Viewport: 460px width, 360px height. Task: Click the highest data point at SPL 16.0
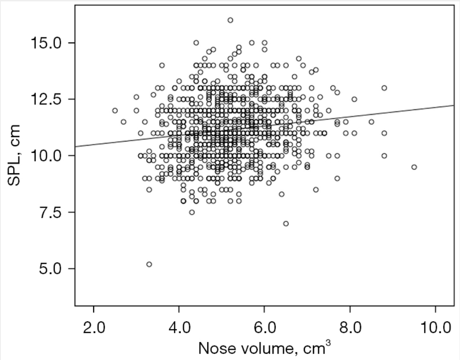(230, 20)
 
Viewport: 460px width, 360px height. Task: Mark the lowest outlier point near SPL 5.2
(149, 264)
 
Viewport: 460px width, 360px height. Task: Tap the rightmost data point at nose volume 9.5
(414, 167)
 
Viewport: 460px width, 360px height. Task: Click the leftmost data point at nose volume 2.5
(115, 111)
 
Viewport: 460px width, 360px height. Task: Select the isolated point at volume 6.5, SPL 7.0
(286, 223)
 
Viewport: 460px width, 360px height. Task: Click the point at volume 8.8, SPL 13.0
(384, 88)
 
